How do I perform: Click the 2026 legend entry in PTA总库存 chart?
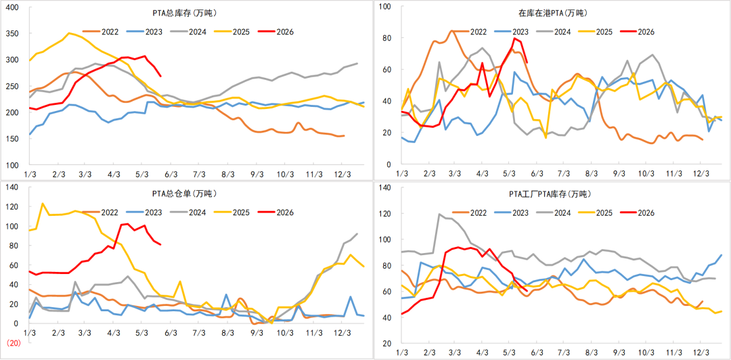point(278,32)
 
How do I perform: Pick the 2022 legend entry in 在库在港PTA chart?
point(470,32)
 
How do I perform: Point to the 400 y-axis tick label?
point(11,7)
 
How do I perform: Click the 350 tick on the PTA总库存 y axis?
point(11,34)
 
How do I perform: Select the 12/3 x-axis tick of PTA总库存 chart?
point(342,175)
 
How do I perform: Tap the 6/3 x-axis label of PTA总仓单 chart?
point(171,333)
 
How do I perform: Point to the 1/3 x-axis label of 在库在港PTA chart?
point(401,175)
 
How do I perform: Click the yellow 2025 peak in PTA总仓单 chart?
point(43,203)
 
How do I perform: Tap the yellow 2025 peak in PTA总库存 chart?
point(69,33)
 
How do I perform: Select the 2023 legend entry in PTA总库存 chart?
point(145,32)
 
